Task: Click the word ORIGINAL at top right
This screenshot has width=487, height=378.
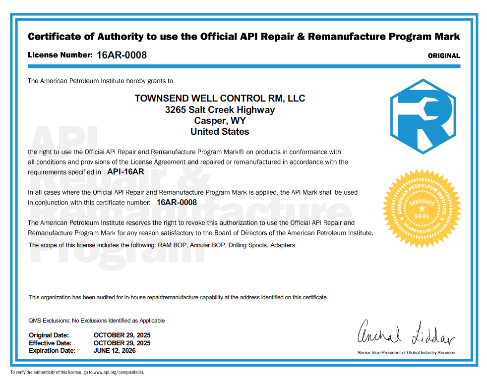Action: pos(443,56)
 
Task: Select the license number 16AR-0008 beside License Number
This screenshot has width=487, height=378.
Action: pos(122,55)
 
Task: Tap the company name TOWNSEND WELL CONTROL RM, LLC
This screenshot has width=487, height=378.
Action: pos(220,99)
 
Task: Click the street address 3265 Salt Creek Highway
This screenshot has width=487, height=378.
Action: pos(220,110)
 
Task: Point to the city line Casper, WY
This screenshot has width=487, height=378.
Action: pos(220,121)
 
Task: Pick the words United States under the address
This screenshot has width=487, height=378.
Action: pos(220,132)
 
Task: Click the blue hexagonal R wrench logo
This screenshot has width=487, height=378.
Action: pos(422,116)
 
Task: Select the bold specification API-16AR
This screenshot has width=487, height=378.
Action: pos(125,172)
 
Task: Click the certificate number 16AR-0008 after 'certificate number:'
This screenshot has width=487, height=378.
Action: pos(177,202)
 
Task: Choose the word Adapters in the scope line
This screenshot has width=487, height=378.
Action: pos(283,245)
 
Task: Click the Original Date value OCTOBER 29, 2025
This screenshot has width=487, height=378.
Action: pos(122,335)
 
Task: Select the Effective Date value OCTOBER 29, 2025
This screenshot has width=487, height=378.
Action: pos(122,343)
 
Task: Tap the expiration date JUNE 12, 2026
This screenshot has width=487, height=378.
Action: pos(115,350)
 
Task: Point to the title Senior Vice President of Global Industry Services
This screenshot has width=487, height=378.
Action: pos(406,353)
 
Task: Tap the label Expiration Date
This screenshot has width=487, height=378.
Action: pos(52,350)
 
